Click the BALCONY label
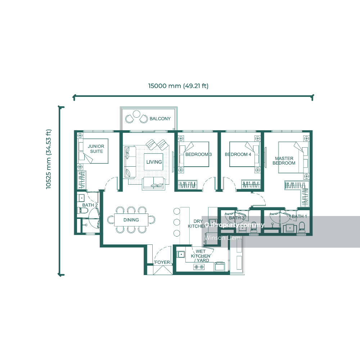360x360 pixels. click(x=160, y=119)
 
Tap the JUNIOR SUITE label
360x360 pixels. click(x=96, y=149)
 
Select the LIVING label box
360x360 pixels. click(x=154, y=162)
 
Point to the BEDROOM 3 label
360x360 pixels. click(x=198, y=154)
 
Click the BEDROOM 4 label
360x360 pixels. click(x=238, y=154)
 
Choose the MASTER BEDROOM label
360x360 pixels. click(x=284, y=161)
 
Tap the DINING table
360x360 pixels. click(x=131, y=220)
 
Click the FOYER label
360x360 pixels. click(x=162, y=262)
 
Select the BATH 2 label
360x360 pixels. click(x=90, y=205)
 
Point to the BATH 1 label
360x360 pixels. click(x=299, y=216)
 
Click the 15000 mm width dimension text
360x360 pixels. click(x=179, y=86)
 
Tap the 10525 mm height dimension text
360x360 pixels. click(x=49, y=159)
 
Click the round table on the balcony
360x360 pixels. click(x=136, y=114)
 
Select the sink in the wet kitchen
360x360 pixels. click(x=181, y=254)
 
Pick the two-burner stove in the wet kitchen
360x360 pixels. click(x=199, y=267)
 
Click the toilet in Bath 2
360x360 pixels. click(x=82, y=210)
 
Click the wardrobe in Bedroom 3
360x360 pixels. click(x=188, y=184)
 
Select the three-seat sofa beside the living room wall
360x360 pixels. click(x=130, y=162)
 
